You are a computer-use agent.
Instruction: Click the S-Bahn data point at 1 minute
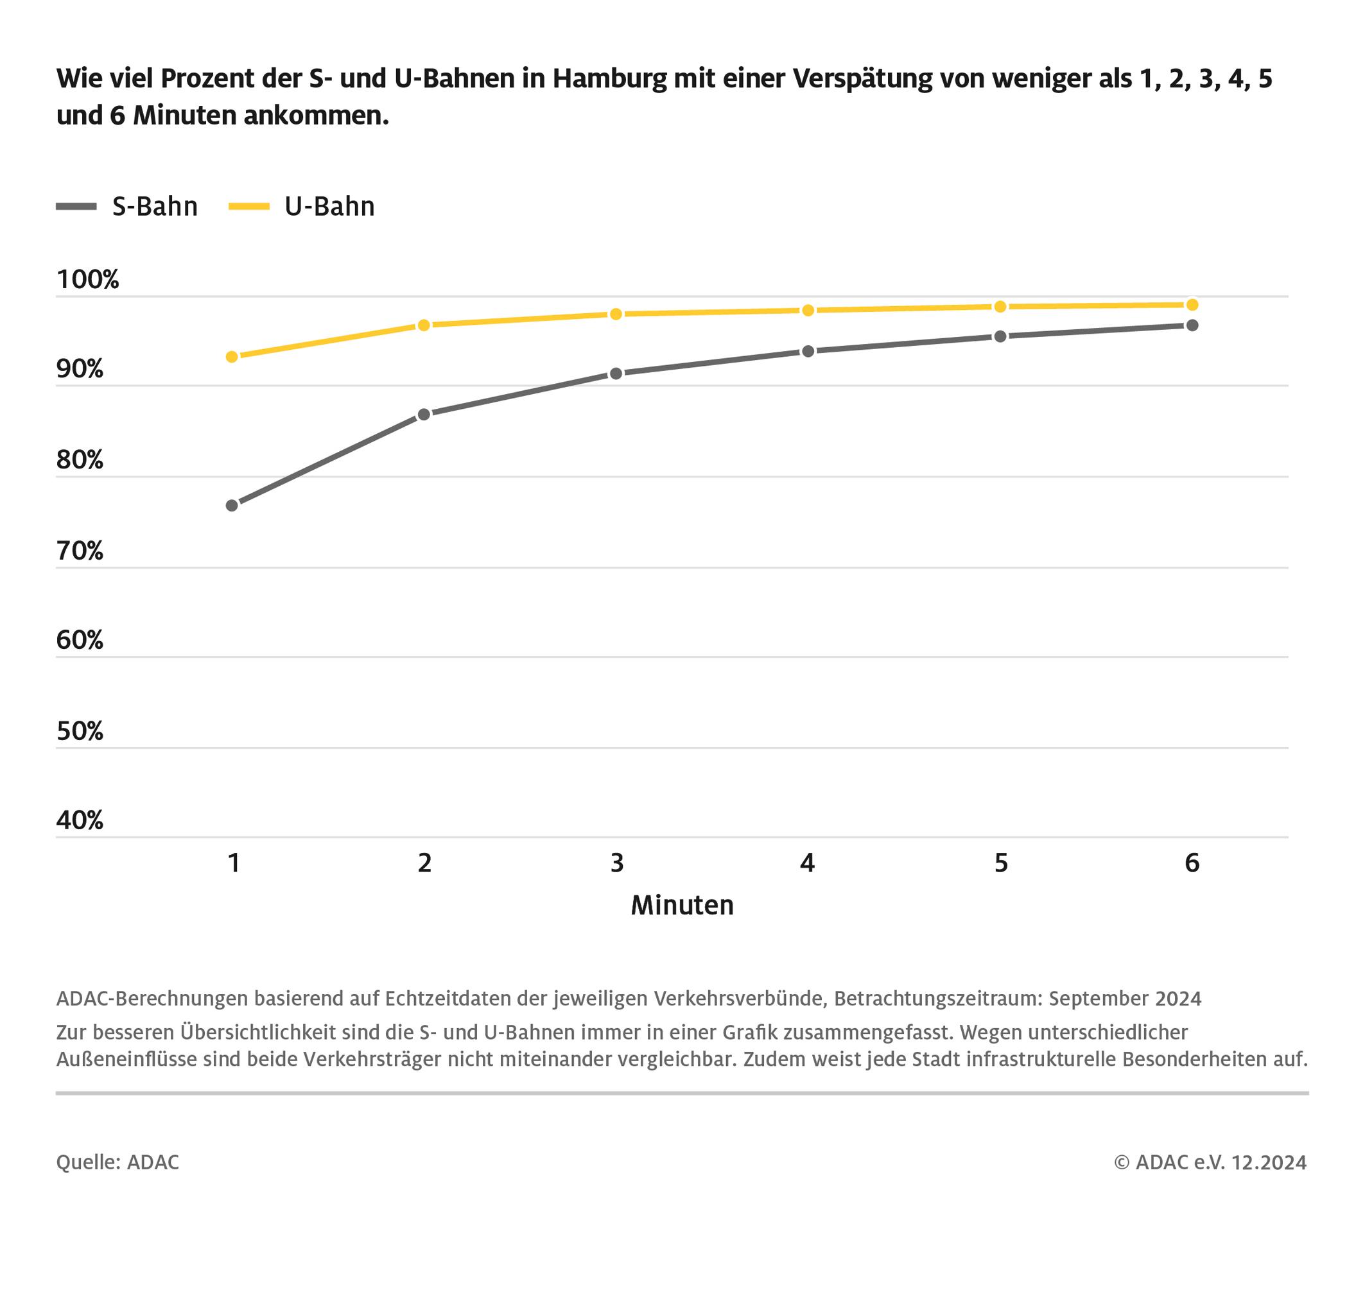[232, 506]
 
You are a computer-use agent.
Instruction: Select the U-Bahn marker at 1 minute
[232, 357]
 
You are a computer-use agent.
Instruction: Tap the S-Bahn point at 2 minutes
[424, 415]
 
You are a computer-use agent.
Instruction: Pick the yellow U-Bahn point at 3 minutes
[616, 314]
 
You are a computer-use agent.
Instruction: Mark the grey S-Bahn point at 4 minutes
[808, 352]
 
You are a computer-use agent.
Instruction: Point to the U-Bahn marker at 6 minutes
[1192, 305]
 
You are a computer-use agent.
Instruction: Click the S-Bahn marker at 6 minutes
[1192, 325]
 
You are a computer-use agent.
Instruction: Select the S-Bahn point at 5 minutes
[1000, 336]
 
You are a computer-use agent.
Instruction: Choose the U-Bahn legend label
[329, 206]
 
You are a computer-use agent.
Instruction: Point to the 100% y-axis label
[87, 280]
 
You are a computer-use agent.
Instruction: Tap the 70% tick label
[80, 551]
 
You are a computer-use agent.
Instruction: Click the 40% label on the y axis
[80, 820]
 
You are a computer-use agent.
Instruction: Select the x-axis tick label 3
[616, 863]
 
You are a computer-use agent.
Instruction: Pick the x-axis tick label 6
[1192, 863]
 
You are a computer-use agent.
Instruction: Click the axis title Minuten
[682, 906]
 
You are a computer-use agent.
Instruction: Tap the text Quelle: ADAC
[117, 1162]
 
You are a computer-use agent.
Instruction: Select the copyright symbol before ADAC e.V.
[1122, 1162]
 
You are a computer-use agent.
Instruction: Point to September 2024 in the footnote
[1125, 999]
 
